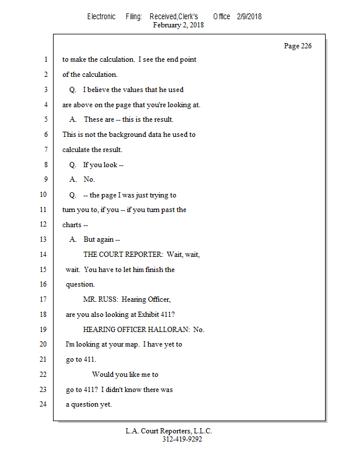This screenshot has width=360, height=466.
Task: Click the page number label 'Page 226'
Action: coord(298,46)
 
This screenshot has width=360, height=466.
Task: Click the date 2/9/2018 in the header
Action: coord(249,17)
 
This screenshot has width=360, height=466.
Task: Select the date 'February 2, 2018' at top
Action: coord(178,25)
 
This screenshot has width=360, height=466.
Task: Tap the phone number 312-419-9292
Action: coord(182,439)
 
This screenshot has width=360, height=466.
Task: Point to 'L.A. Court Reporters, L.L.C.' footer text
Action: coord(168,431)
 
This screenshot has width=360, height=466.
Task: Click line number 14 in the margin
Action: coord(43,255)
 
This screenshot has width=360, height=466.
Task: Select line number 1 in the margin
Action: coord(46,59)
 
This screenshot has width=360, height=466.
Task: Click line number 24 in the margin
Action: coord(43,404)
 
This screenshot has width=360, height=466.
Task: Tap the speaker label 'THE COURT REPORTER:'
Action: coord(123,255)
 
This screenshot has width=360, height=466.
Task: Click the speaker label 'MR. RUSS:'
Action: coord(100,299)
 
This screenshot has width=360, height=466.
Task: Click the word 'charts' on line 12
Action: coord(72,225)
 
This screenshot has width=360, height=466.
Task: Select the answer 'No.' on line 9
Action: coord(89,179)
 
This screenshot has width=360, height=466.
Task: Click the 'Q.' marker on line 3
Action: coord(73,90)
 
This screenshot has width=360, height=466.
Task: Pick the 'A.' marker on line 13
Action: coord(73,239)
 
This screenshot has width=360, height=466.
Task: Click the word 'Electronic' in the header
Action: coord(101,17)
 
